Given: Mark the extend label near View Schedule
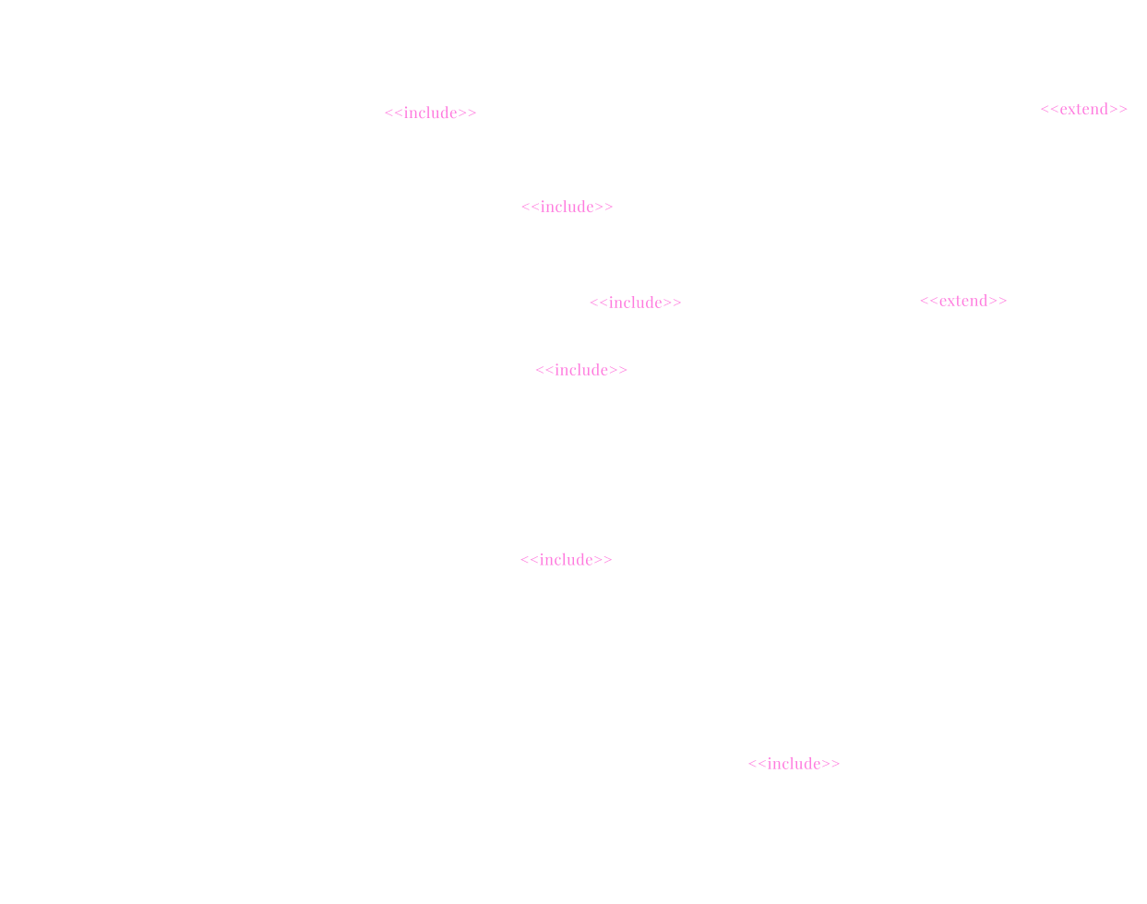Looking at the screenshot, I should (x=963, y=301).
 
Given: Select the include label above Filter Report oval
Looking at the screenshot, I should (x=794, y=764).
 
